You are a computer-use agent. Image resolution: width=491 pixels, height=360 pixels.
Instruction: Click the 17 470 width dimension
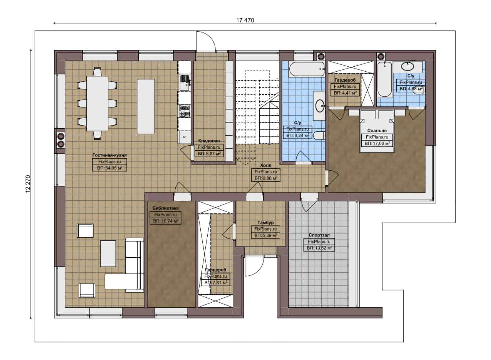245,20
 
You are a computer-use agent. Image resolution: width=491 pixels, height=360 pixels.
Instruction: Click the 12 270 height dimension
28,184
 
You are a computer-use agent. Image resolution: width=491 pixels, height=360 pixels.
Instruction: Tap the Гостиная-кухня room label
109,155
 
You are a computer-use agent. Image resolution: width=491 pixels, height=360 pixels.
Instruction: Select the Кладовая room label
209,141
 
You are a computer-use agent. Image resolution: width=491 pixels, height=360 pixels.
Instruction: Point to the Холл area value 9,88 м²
266,178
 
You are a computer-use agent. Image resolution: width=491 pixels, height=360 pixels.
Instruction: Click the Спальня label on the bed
377,131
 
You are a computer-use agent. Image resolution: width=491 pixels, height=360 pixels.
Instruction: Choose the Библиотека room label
165,208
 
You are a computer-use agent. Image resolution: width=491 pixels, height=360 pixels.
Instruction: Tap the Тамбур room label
265,222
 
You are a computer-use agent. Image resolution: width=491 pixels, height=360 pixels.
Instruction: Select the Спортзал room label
319,235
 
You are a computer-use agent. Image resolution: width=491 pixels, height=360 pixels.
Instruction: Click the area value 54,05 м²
110,168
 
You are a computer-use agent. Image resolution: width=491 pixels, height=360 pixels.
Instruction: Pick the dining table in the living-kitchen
97,103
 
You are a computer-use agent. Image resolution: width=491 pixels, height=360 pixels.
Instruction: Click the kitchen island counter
146,106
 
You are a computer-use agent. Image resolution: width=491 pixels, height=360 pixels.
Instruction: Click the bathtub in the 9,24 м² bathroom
306,69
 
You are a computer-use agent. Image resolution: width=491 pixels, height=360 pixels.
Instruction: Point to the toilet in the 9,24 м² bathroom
319,136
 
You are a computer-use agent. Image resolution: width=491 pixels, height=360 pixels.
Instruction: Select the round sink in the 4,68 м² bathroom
407,66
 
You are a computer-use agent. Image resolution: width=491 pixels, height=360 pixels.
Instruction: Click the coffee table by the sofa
108,253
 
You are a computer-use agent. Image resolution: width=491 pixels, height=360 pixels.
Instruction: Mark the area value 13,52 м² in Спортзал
319,248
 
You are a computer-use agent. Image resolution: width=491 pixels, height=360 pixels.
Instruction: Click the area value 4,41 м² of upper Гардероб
345,93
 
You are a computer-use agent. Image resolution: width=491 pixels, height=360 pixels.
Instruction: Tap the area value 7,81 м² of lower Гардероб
216,283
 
